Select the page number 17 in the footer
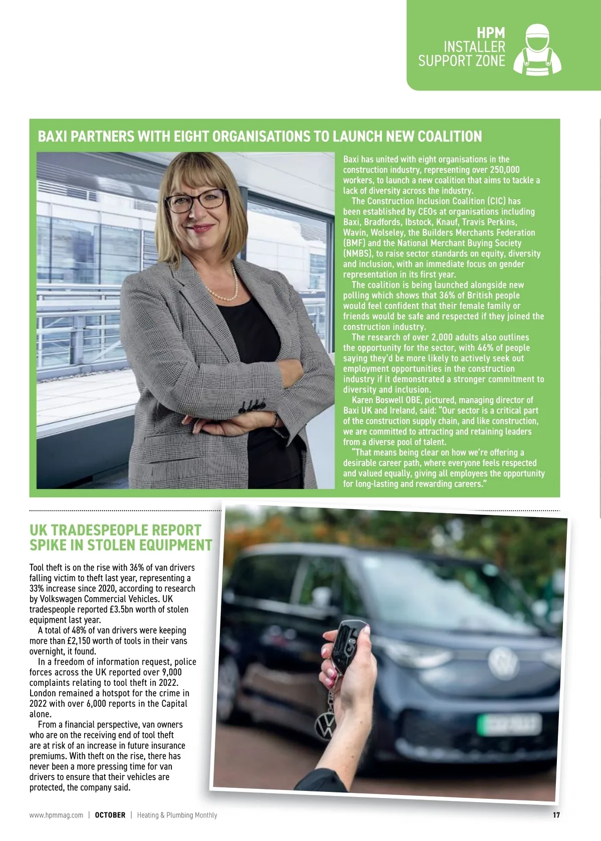[x=556, y=815]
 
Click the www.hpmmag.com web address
[x=56, y=815]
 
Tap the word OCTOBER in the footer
[x=110, y=815]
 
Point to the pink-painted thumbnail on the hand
[x=331, y=680]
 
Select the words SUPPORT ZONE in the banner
[x=461, y=61]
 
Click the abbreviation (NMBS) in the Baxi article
[x=358, y=253]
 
